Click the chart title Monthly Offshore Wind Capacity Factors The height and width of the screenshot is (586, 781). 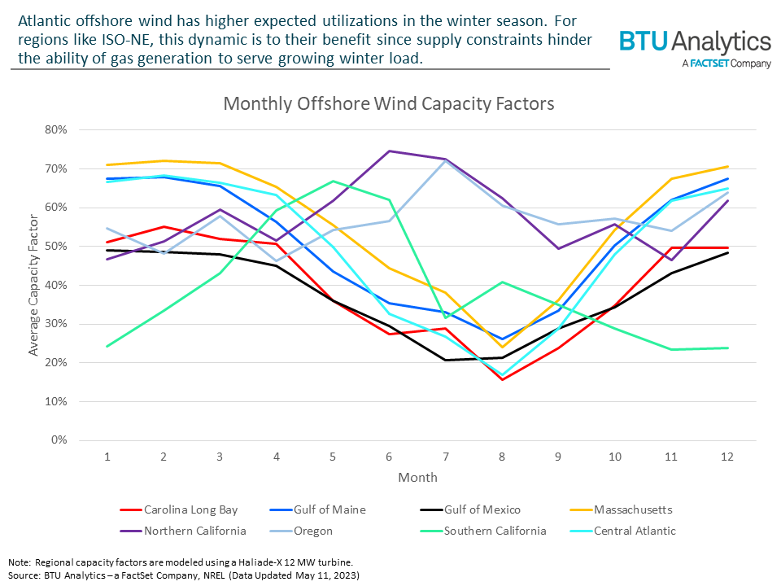pyautogui.click(x=389, y=104)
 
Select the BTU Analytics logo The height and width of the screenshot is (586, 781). pyautogui.click(x=695, y=48)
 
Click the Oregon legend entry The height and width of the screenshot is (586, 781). pyautogui.click(x=313, y=531)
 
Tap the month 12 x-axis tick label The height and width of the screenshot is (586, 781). pyautogui.click(x=726, y=457)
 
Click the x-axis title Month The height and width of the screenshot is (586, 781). pyautogui.click(x=417, y=477)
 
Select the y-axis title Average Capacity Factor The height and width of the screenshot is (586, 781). pyautogui.click(x=34, y=286)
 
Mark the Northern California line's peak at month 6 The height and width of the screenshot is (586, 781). pyautogui.click(x=389, y=151)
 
